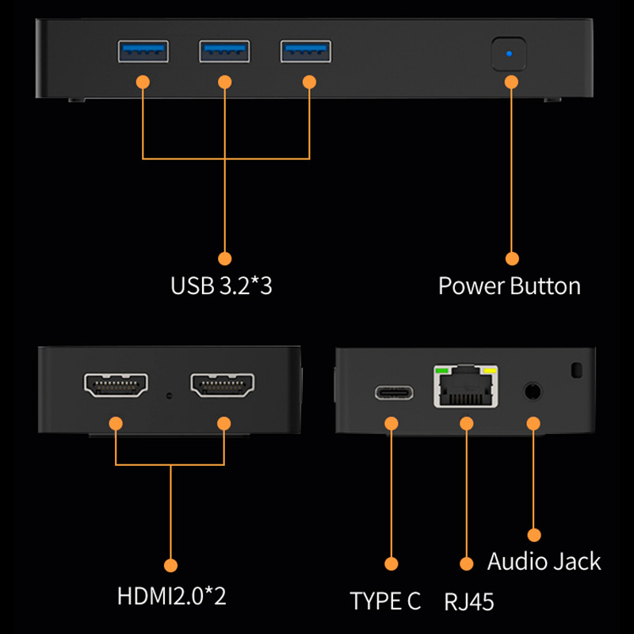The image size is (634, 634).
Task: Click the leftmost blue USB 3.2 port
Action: click(x=143, y=52)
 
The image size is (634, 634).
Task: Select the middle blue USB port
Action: click(x=225, y=52)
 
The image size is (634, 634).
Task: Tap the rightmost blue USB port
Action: click(x=307, y=52)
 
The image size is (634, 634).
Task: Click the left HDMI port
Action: click(x=116, y=386)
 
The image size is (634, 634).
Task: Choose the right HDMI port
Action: click(x=223, y=386)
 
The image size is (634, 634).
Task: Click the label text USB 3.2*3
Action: click(x=221, y=286)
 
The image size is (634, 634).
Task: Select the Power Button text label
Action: click(x=510, y=286)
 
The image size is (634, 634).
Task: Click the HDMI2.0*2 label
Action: click(x=171, y=594)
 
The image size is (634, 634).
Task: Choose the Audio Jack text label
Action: click(x=544, y=562)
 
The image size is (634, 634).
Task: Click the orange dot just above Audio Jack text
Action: click(x=534, y=536)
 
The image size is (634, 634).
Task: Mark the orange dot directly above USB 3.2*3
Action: click(x=225, y=258)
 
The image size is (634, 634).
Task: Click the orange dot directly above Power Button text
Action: click(x=512, y=258)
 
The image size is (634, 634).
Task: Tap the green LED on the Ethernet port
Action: click(x=441, y=369)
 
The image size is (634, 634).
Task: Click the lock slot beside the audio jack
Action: click(x=576, y=369)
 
